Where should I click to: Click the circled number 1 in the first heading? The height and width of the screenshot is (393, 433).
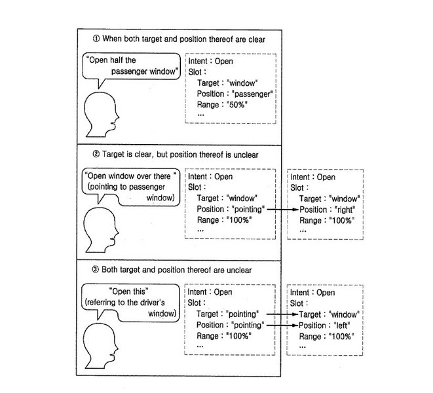click(96, 39)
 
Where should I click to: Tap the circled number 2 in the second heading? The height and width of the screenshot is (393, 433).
click(96, 154)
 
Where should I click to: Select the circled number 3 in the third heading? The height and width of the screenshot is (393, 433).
click(95, 269)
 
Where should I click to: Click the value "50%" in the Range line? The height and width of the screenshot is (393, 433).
click(237, 105)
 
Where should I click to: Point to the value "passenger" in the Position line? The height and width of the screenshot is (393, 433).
click(252, 94)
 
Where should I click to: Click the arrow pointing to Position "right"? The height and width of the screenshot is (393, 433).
click(283, 210)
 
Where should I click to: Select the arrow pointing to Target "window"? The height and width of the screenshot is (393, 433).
click(282, 314)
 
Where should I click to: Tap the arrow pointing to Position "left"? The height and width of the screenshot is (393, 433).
click(282, 325)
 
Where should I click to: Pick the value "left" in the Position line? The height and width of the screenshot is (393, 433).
click(342, 326)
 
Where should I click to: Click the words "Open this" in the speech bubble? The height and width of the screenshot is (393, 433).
click(129, 291)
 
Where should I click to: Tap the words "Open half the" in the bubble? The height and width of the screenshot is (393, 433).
click(111, 60)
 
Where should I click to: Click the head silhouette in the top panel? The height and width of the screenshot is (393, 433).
click(102, 115)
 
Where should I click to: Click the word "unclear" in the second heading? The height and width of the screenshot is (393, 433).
click(246, 155)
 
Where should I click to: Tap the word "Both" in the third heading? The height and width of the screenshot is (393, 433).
click(109, 269)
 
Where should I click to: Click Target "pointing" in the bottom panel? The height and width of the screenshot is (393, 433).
click(242, 314)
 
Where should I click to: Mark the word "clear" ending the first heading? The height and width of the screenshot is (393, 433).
click(257, 39)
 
